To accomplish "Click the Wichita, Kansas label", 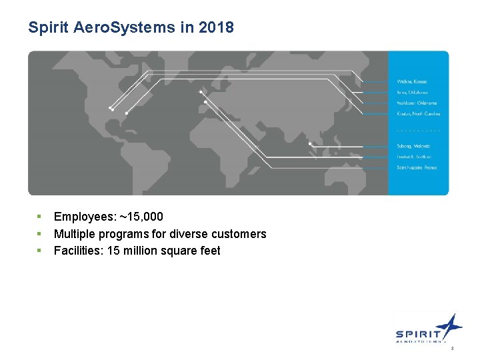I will coord(412,81).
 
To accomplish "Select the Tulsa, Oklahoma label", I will coord(411,92).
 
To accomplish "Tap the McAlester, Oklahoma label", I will coord(417,103).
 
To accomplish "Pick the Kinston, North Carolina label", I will coord(418,113).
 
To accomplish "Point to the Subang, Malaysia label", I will coord(413,146).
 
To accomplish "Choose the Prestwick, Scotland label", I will coord(415,157).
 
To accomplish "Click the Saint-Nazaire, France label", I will coord(417,167).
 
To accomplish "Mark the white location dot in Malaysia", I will coord(310,143).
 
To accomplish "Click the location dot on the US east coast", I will coord(127,113).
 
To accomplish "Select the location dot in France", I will coord(205,102).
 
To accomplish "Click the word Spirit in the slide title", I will coord(45,27).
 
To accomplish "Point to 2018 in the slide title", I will coord(219,27).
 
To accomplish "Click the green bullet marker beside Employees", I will coord(39,217).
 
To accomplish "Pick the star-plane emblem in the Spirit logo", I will coord(451,326).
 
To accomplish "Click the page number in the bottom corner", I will coord(452,349).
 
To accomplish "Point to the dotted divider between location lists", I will coord(418,130).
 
